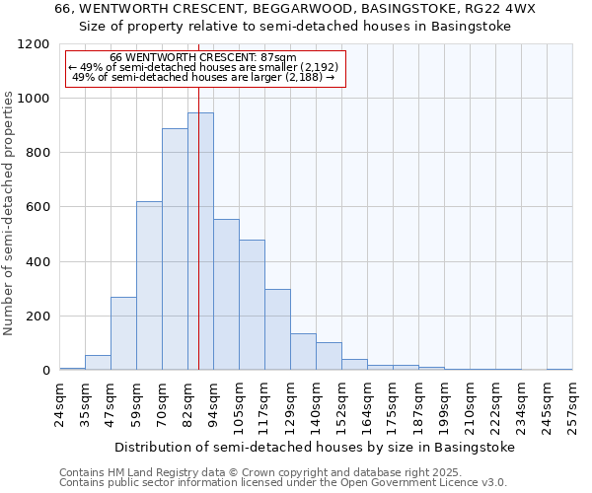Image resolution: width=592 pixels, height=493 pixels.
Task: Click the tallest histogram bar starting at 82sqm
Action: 200,242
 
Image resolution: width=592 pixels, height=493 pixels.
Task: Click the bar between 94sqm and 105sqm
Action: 226,295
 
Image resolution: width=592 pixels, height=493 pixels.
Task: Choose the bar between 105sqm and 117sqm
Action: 252,305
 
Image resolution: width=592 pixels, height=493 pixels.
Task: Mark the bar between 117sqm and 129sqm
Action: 277,329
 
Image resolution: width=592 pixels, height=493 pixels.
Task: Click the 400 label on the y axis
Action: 39,262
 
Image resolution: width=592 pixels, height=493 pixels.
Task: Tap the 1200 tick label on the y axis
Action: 36,44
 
